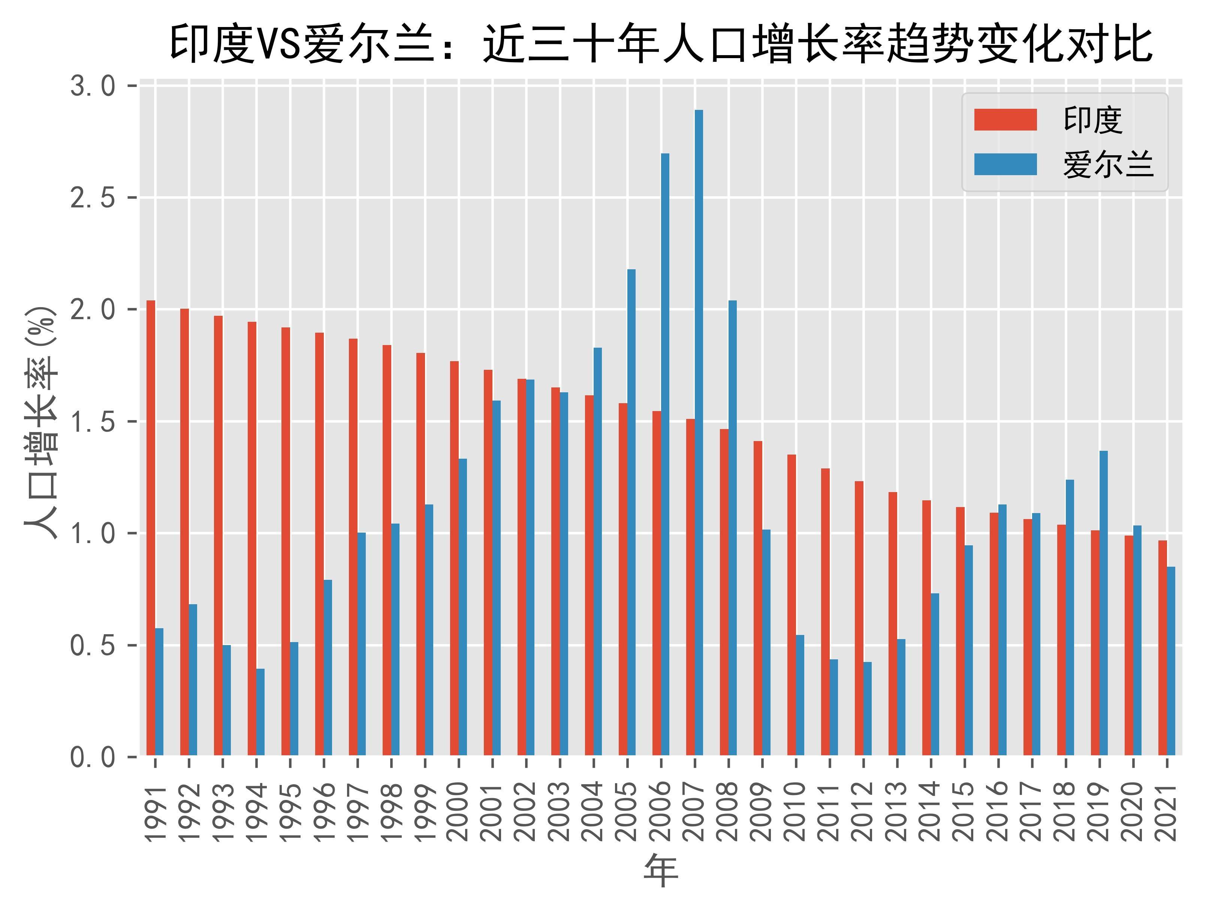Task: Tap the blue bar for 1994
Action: point(260,712)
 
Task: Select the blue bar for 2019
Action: point(1103,603)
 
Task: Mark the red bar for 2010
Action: point(792,605)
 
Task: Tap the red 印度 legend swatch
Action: point(1005,120)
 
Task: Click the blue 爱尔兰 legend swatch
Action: point(1005,164)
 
